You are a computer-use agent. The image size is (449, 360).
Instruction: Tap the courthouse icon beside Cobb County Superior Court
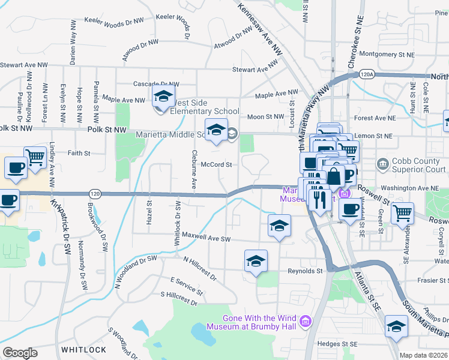(382, 164)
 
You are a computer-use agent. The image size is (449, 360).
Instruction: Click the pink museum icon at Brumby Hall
(306, 323)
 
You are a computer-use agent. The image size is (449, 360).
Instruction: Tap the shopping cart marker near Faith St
(35, 157)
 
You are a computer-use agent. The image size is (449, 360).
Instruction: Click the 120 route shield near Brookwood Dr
(94, 194)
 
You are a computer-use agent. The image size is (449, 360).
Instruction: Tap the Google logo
(20, 353)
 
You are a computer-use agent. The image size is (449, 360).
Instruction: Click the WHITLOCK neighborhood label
(84, 349)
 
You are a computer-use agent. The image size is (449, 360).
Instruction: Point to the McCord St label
(216, 164)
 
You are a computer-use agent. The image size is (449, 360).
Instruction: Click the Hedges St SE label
(337, 344)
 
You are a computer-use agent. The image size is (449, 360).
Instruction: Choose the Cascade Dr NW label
(157, 84)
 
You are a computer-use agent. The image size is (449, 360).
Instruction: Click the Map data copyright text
(423, 355)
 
